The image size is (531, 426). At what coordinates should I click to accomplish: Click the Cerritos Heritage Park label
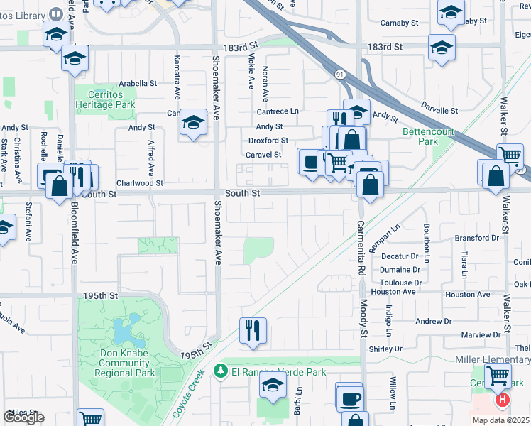pos(105,99)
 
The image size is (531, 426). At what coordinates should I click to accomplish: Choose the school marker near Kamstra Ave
pos(192,123)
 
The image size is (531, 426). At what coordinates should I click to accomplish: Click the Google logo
pos(23,417)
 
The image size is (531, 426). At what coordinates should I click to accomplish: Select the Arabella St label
pos(138,83)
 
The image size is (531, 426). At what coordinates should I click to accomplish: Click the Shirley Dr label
pos(385,349)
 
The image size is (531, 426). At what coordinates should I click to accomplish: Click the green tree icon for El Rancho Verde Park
pos(221,372)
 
